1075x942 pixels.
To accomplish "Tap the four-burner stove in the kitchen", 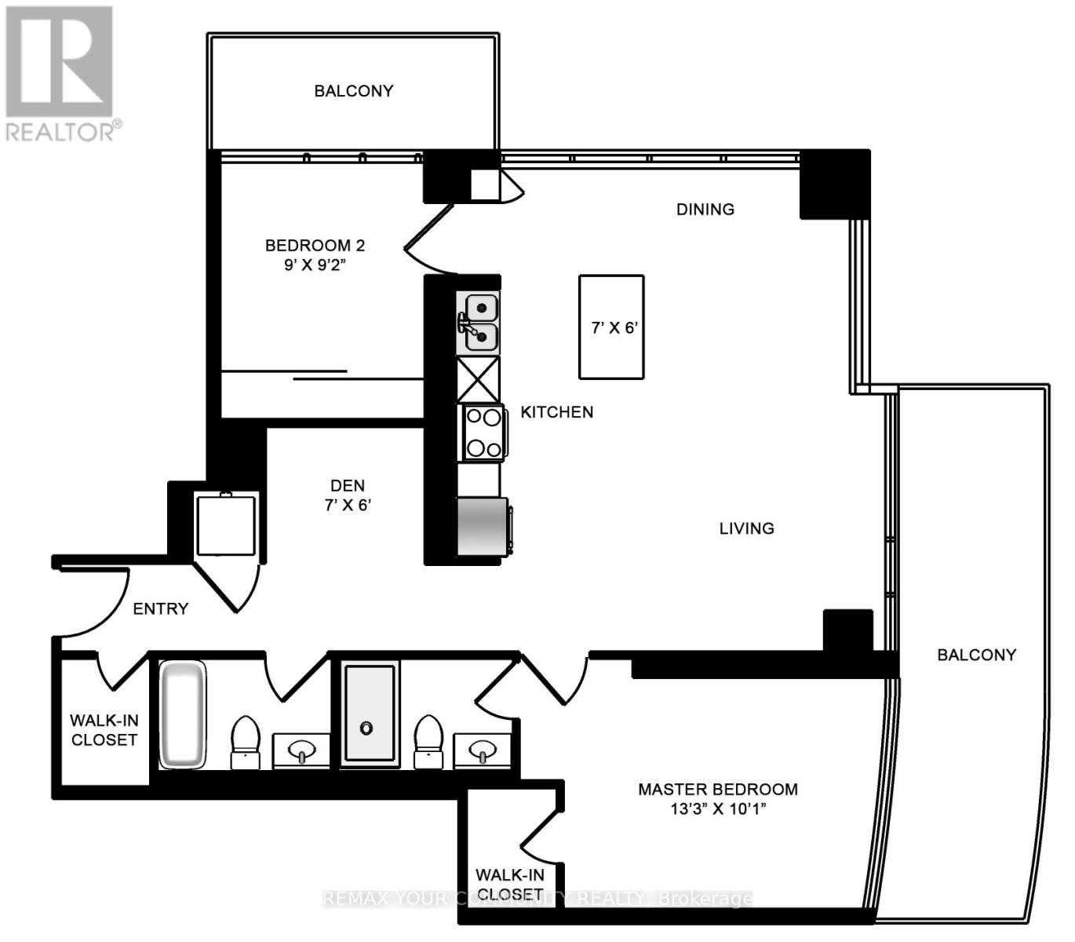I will [x=483, y=433].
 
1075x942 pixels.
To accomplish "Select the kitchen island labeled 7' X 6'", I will [x=611, y=327].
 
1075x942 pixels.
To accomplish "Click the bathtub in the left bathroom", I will [x=183, y=714].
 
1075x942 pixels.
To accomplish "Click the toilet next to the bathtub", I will [x=245, y=742].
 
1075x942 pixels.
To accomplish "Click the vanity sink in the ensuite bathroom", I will [x=483, y=752].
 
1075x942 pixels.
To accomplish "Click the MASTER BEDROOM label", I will [x=717, y=790].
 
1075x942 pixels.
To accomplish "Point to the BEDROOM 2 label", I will [x=315, y=246].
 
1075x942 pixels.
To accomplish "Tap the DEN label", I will [x=347, y=486].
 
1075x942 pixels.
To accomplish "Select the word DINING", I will [x=705, y=209].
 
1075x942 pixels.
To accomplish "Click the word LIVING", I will [x=746, y=528].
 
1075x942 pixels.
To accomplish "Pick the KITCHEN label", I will [x=556, y=412].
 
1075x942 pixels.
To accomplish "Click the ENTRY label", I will [x=160, y=608].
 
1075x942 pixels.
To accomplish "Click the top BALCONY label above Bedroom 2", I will [x=353, y=91].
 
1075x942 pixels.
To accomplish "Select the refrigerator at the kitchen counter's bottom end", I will [x=482, y=526].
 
